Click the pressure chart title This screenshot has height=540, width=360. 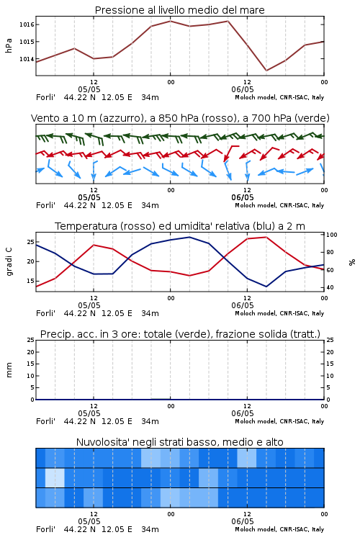point(180,10)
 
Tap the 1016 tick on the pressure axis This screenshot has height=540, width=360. point(27,24)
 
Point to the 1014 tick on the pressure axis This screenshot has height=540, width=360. point(27,59)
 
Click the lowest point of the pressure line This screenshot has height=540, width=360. point(266,71)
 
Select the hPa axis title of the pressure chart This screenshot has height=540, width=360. point(9,45)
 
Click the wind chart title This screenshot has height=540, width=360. point(180,118)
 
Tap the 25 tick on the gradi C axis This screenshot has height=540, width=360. point(31,242)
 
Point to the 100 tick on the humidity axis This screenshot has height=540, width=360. point(331,235)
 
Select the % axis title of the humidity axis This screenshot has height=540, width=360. point(352,262)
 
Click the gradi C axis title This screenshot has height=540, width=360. point(9,261)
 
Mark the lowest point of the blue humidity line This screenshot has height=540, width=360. point(266,287)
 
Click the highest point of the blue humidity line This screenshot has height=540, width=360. point(189,237)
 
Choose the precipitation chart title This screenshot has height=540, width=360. point(180,334)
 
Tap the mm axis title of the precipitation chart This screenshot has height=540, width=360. point(9,370)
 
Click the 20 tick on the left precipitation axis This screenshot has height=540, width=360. point(31,352)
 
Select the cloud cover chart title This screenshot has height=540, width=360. point(180,442)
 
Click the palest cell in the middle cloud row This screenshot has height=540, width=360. point(55,477)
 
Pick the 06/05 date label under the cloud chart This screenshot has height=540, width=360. point(243,521)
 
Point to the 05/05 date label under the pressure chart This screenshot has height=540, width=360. point(89,89)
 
